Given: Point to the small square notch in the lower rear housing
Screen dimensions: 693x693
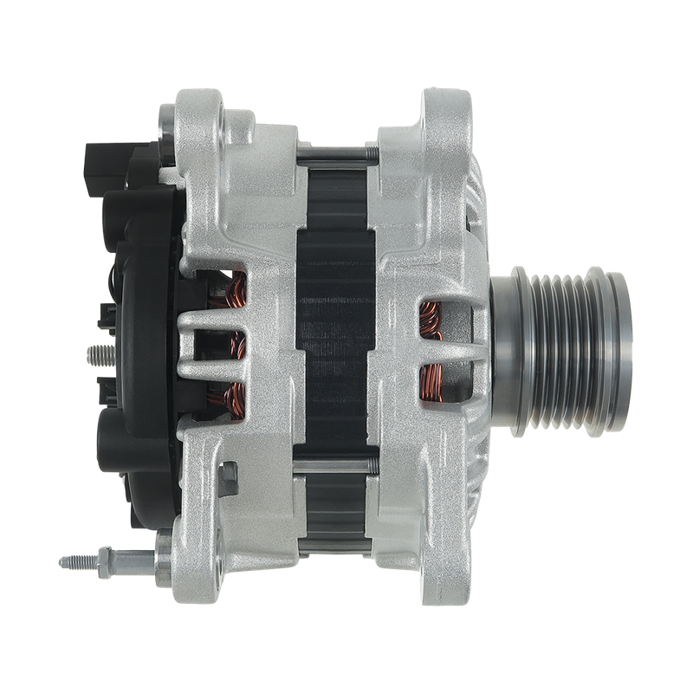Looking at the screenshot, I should [x=230, y=473].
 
